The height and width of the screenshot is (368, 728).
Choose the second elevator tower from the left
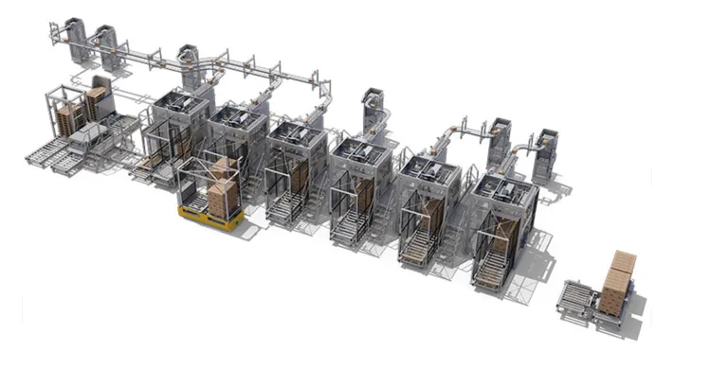[x=107, y=46]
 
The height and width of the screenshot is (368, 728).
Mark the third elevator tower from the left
[x=190, y=66]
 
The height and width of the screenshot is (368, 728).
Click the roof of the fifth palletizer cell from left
[x=428, y=169]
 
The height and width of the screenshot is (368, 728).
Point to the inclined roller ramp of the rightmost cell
[x=489, y=271]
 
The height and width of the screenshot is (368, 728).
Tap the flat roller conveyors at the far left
[x=57, y=155]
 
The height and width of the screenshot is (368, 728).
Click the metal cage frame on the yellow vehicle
[x=194, y=184]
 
